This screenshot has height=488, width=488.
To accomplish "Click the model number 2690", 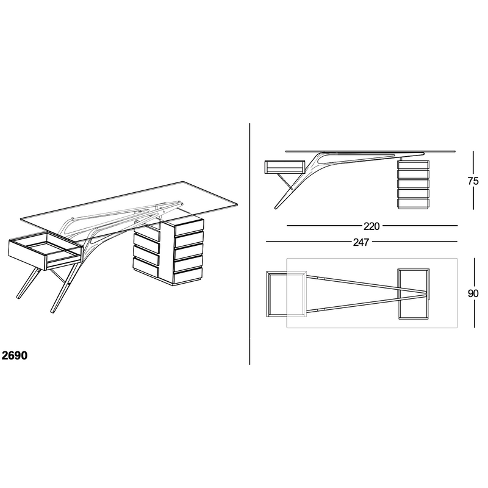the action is click(15, 356).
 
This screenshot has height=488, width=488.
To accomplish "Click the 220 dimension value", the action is click(371, 226).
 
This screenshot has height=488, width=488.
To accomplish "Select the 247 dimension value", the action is click(361, 242).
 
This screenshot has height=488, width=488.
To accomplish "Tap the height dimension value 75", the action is click(473, 181).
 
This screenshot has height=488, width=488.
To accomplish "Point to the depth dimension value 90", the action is click(473, 293).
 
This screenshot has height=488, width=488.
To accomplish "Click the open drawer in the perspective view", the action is click(46, 250).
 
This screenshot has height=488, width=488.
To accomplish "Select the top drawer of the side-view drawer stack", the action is click(414, 165).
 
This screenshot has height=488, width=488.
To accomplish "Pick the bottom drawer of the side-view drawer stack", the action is click(414, 204).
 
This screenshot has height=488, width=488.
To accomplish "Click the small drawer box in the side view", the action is click(284, 167).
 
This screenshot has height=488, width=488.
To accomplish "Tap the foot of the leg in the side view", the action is click(276, 207).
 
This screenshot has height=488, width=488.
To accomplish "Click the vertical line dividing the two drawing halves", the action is click(249, 243).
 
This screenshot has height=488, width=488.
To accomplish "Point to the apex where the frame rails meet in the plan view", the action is click(426, 293).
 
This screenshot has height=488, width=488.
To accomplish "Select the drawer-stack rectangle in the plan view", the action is click(414, 294).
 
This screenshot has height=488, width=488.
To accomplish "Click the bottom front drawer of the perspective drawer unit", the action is click(188, 276).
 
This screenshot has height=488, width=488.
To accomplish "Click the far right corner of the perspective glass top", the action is click(237, 205).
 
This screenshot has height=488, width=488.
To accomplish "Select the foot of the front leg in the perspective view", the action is click(52, 311).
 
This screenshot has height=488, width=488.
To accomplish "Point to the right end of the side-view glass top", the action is click(455, 151).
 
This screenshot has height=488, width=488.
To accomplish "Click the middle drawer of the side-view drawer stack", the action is click(414, 184).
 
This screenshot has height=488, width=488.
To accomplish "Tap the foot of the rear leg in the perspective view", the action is click(18, 296).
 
